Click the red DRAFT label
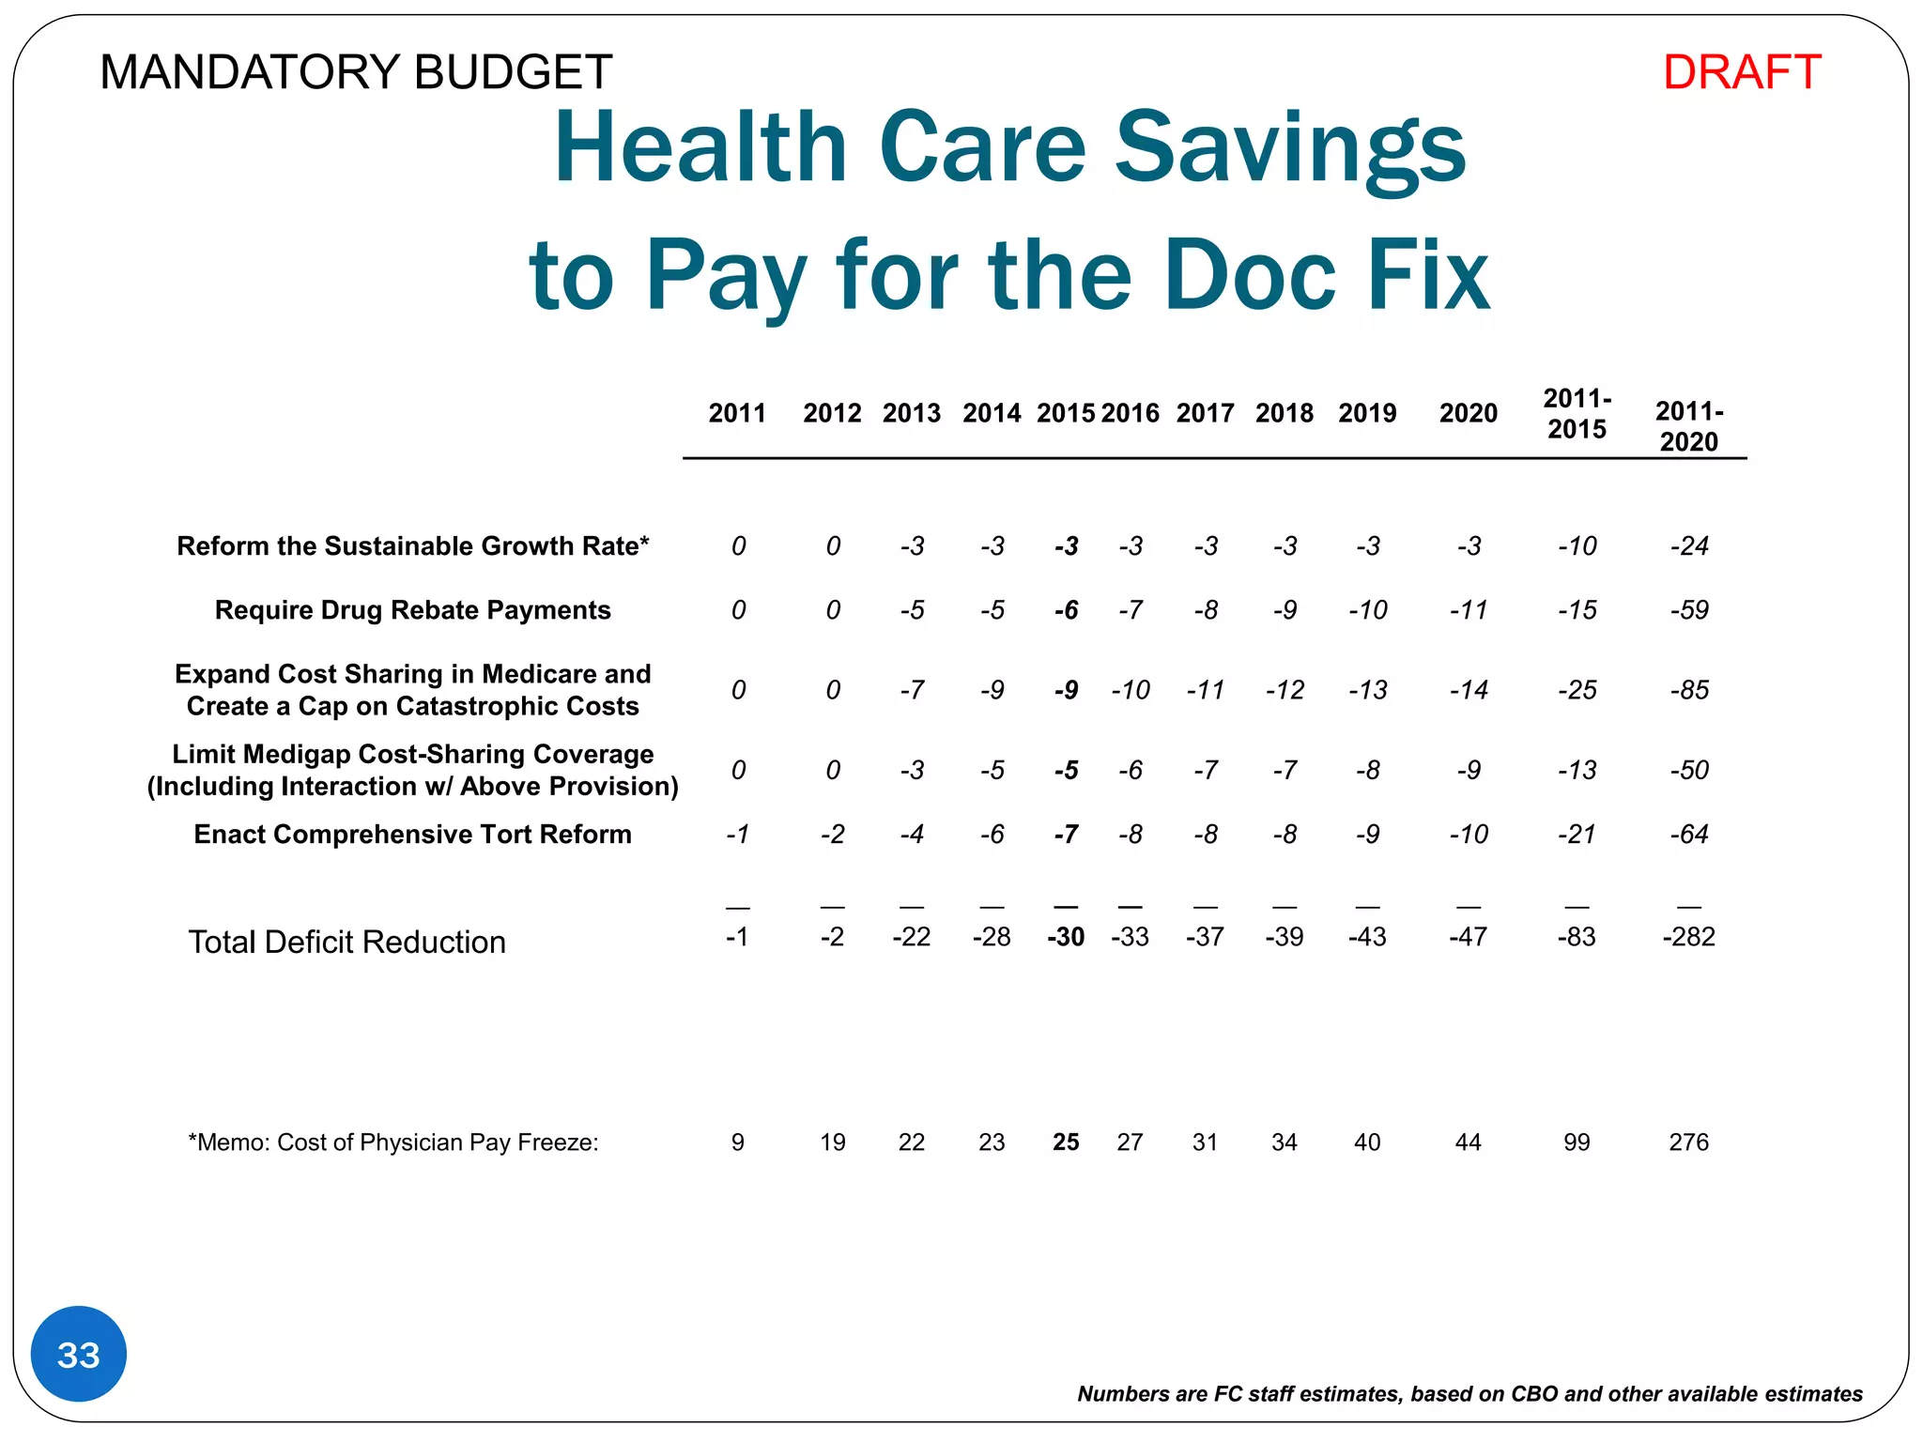(1741, 72)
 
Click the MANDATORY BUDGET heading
(356, 72)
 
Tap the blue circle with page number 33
(79, 1355)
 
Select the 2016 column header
(1130, 413)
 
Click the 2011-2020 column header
(1688, 426)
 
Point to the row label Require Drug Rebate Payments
(412, 610)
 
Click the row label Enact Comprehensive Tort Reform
(412, 834)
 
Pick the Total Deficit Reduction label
(346, 942)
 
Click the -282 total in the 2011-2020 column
(1688, 937)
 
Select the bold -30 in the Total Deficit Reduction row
(1066, 937)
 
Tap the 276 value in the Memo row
(1688, 1143)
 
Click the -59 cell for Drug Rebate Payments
(1688, 610)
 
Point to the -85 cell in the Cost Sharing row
(1688, 690)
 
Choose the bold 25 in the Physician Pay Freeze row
(1066, 1143)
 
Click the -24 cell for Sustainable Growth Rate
(1688, 546)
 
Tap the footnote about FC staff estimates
(1469, 1394)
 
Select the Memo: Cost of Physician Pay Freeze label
(393, 1143)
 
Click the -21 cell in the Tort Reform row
(1577, 834)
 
